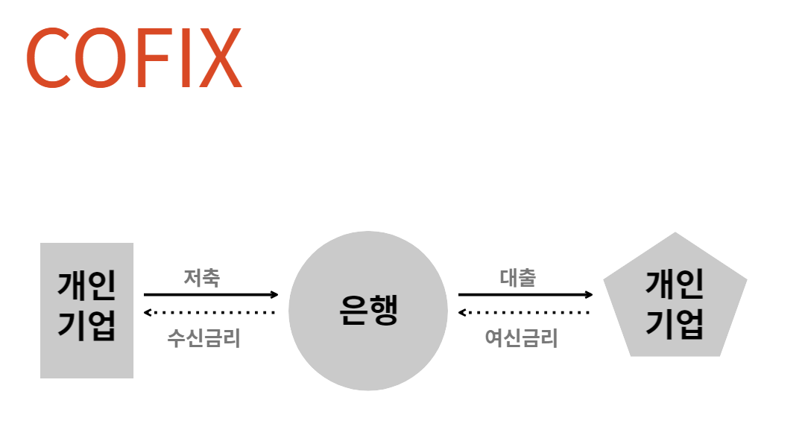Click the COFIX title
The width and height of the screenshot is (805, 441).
134,58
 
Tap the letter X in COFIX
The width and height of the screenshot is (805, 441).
218,59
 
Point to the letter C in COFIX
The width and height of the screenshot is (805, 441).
49,59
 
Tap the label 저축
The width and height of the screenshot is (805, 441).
202,279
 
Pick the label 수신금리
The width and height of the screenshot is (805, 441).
203,339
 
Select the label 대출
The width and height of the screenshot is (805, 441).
517,279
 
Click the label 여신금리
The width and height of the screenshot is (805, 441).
521,339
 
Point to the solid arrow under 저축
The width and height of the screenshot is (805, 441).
210,295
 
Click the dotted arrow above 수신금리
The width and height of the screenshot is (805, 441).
210,312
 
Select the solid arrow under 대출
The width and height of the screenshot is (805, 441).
525,295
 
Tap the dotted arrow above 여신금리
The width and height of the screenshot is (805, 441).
525,312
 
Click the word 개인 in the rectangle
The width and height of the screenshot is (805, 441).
86,288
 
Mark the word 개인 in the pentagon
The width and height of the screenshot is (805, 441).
675,284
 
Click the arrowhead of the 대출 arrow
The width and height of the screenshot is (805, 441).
589,295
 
